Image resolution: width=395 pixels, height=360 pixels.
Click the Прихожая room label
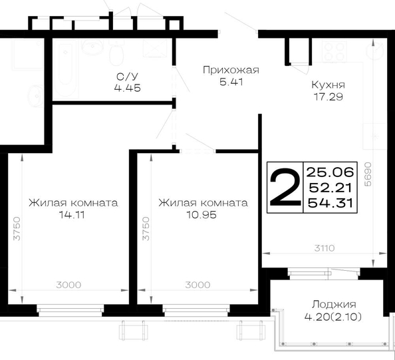(231, 70)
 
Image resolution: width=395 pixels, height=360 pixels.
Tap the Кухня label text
(329, 85)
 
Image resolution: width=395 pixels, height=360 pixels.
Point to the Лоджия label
(334, 305)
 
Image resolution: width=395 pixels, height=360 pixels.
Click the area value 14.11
(72, 215)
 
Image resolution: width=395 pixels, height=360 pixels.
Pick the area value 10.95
(201, 215)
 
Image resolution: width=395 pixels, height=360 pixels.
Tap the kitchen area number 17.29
(329, 96)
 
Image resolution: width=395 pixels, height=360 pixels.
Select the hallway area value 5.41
(231, 83)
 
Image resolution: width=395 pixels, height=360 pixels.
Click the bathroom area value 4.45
(128, 89)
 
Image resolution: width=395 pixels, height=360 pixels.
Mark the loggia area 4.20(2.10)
(333, 317)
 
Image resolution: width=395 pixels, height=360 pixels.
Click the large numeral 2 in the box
(285, 187)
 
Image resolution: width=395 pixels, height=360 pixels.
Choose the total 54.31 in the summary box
(330, 203)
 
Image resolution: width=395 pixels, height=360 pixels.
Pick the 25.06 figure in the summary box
(330, 172)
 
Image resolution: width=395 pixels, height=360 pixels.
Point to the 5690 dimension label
(368, 174)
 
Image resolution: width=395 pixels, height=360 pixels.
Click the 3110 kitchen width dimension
(325, 248)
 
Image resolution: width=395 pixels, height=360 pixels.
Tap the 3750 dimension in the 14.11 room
(17, 228)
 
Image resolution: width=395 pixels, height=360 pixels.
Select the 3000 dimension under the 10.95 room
(197, 285)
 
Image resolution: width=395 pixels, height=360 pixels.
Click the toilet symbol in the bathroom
(116, 53)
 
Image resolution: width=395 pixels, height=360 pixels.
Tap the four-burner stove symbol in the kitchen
(334, 51)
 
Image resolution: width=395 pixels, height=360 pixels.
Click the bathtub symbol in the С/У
(65, 68)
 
